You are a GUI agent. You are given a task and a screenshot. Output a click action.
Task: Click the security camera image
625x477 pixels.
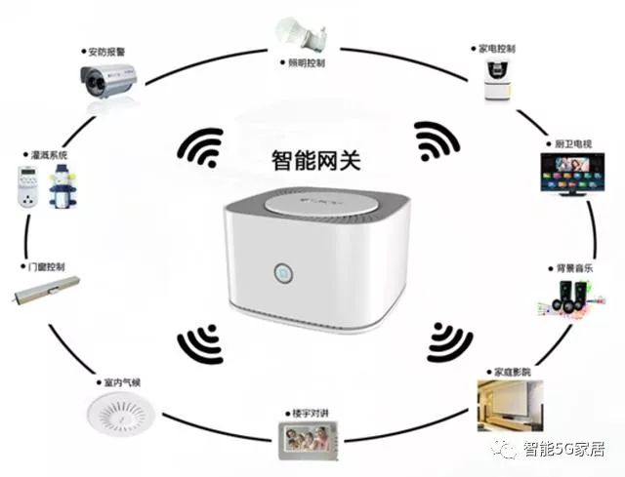pyautogui.click(x=106, y=80)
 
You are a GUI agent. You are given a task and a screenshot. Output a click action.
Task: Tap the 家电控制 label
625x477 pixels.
pyautogui.click(x=497, y=47)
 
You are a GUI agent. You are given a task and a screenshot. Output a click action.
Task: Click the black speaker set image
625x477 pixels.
pyautogui.click(x=563, y=296)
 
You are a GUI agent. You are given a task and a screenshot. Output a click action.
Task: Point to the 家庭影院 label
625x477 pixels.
pyautogui.click(x=511, y=372)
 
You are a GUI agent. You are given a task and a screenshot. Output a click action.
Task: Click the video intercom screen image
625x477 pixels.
pyautogui.click(x=305, y=443)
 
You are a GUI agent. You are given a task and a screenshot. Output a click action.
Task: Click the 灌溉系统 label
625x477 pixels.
pyautogui.click(x=48, y=154)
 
